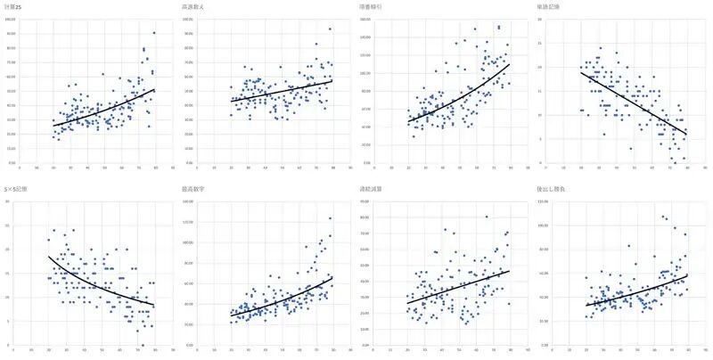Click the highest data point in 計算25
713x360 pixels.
pyautogui.click(x=154, y=33)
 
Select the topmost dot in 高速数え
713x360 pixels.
pyautogui.click(x=330, y=29)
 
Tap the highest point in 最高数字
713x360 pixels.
pyautogui.click(x=330, y=218)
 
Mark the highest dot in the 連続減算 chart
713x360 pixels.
pyautogui.click(x=487, y=217)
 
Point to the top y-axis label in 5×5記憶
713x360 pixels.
pyautogui.click(x=8, y=201)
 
